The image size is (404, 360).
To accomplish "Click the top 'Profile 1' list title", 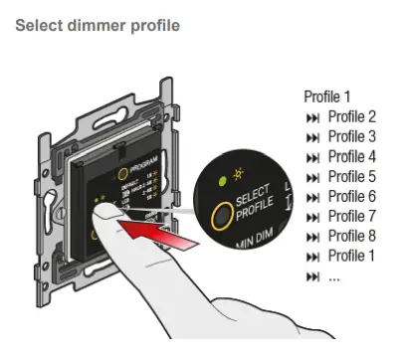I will [x=327, y=97].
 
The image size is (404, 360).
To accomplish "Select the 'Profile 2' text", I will [x=352, y=116].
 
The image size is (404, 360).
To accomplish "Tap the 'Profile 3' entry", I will [x=352, y=136].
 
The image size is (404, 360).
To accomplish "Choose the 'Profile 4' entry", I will [x=352, y=156].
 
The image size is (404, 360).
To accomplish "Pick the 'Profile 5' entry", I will [x=352, y=176].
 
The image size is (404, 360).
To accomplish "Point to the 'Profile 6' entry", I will [x=352, y=196].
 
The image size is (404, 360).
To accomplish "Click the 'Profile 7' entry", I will [x=352, y=216].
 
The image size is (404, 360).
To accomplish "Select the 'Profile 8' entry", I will [x=352, y=236].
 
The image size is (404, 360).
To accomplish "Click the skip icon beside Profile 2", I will [x=313, y=117].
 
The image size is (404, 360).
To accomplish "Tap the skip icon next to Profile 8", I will [x=313, y=237].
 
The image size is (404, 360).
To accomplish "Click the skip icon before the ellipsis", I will [x=313, y=276].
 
